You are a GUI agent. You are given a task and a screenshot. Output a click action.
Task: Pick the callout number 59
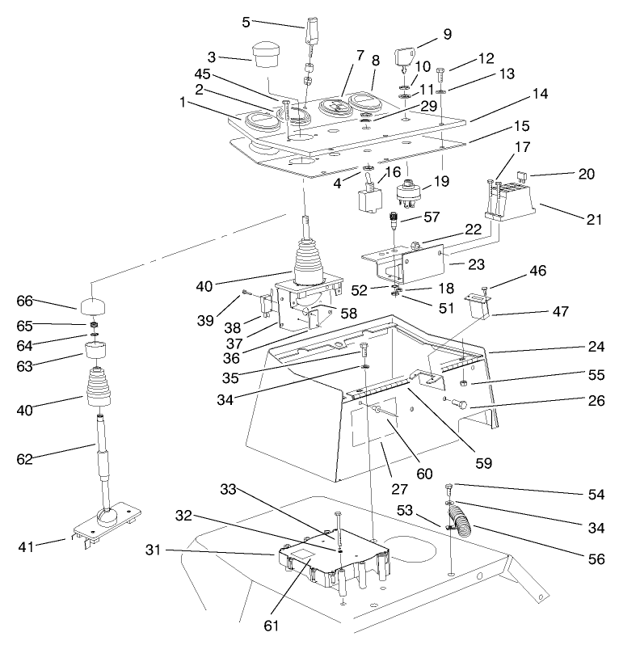coord(484,463)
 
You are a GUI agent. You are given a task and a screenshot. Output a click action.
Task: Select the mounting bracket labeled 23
coord(404,263)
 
